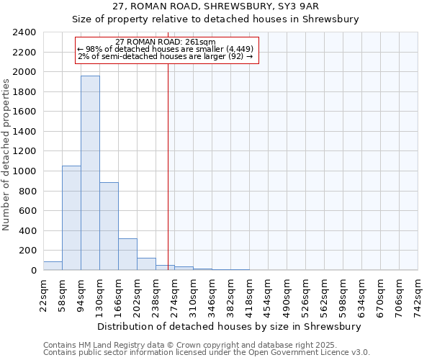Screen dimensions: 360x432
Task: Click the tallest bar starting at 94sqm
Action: point(90,173)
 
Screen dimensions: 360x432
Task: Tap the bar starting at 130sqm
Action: point(109,226)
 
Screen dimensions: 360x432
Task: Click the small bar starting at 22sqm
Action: point(53,266)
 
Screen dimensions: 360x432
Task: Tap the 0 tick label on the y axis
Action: point(33,271)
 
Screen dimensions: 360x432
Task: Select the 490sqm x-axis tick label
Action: point(287,295)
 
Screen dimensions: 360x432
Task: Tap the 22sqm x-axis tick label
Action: point(43,295)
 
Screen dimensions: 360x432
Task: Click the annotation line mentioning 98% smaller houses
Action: point(166,49)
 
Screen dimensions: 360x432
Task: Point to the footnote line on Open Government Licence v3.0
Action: point(206,353)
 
